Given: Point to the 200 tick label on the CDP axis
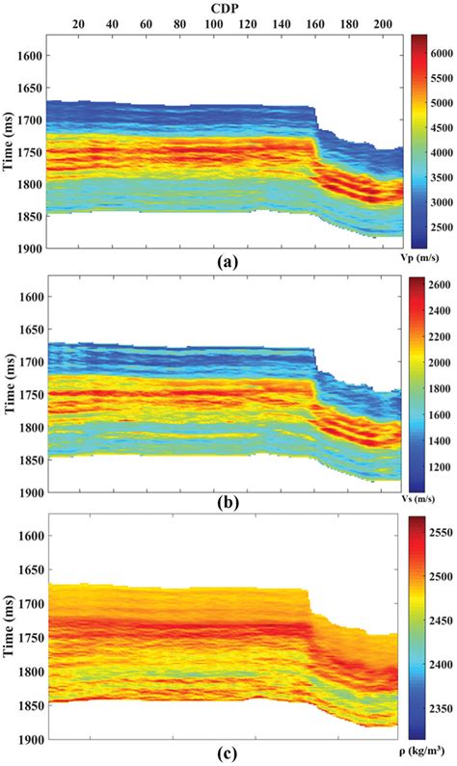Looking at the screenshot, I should pyautogui.click(x=384, y=23).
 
